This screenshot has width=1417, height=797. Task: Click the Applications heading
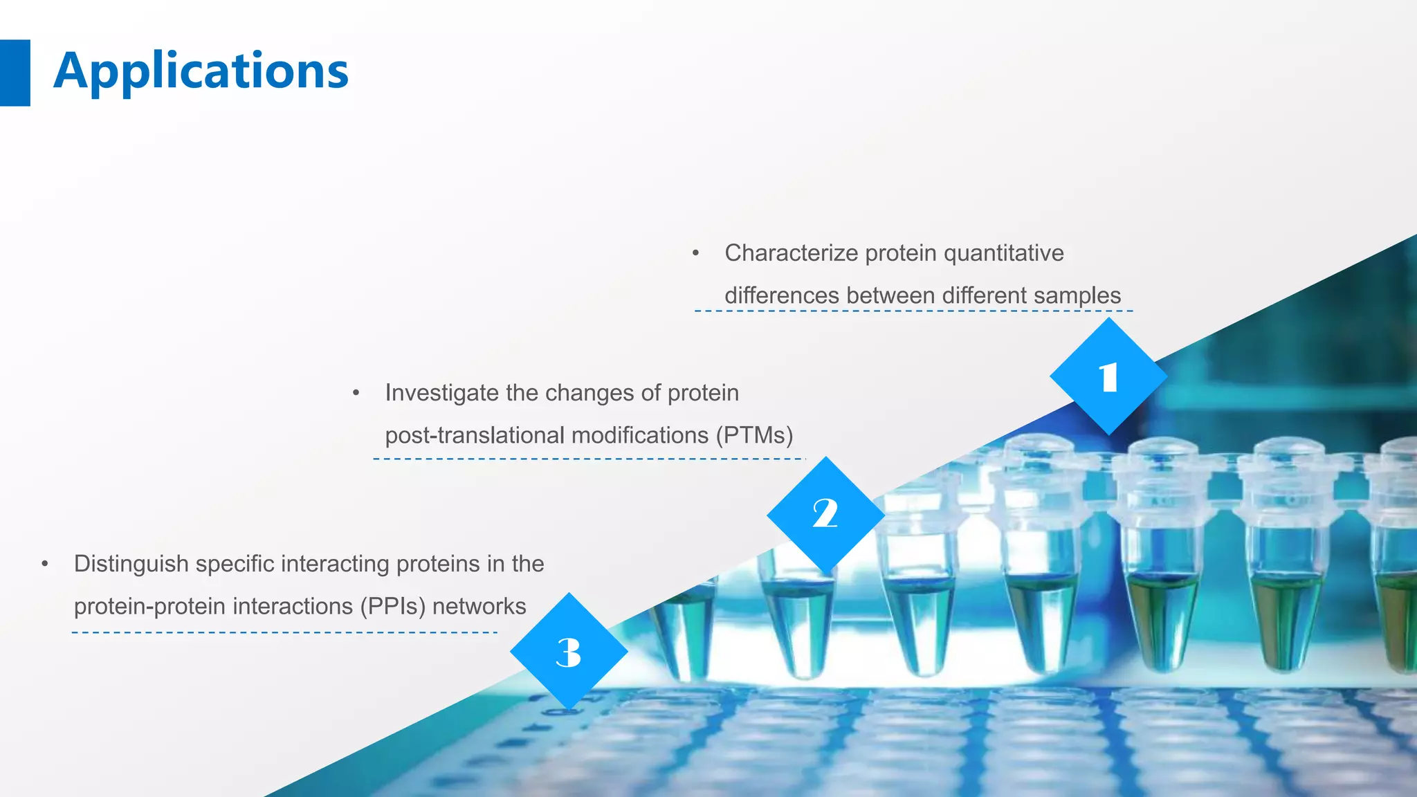pyautogui.click(x=201, y=71)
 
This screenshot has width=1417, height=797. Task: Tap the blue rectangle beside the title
pyautogui.click(x=15, y=73)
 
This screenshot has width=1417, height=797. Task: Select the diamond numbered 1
pyautogui.click(x=1108, y=377)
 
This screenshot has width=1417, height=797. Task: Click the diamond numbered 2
pyautogui.click(x=825, y=515)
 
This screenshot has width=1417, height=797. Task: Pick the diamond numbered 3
pyautogui.click(x=569, y=652)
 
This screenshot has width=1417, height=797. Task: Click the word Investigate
pyautogui.click(x=442, y=393)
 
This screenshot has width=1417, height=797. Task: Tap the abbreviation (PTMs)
pyautogui.click(x=754, y=435)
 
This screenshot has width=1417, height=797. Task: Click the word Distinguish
pyautogui.click(x=131, y=564)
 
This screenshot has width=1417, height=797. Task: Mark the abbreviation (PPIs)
pyautogui.click(x=392, y=606)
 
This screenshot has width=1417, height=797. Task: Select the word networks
pyautogui.click(x=479, y=606)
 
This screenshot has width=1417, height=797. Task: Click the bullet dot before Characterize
pyautogui.click(x=696, y=253)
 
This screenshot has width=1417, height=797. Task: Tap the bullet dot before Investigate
pyautogui.click(x=356, y=393)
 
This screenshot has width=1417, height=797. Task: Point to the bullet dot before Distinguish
pyautogui.click(x=44, y=564)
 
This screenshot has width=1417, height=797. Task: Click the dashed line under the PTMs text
pyautogui.click(x=588, y=459)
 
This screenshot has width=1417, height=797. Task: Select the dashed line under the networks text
pyautogui.click(x=284, y=632)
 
